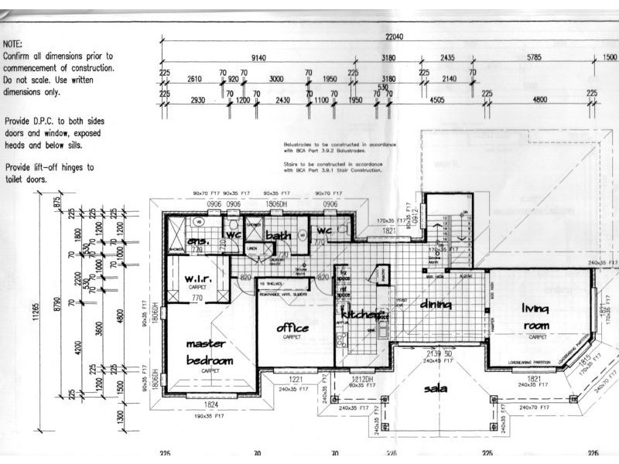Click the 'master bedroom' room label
(209, 353)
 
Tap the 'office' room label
(292, 329)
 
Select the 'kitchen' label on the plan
(360, 315)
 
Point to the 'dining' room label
(436, 305)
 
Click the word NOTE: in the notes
(13, 45)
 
